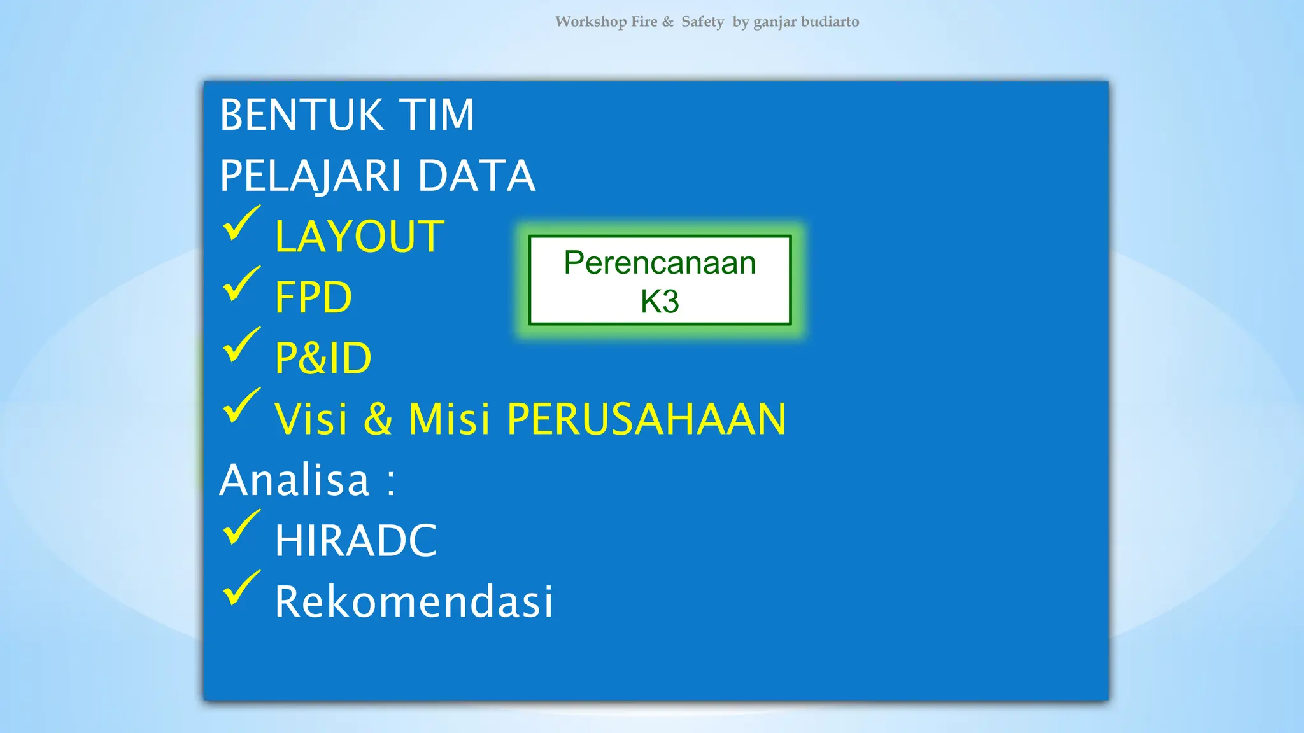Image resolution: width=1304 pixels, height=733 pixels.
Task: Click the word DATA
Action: pos(476,176)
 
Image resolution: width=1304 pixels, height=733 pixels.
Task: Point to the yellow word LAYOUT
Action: pos(359,237)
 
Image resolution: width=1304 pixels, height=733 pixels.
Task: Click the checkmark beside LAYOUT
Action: pos(241,224)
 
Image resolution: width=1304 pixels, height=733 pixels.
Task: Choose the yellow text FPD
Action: pos(313,297)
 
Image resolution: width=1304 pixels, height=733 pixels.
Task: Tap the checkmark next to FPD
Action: pos(241,284)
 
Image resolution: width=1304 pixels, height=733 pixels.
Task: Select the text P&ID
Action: pos(323,358)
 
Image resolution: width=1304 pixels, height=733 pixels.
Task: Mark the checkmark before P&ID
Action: pos(241,346)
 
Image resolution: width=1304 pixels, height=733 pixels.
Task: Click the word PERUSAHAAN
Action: pos(646,419)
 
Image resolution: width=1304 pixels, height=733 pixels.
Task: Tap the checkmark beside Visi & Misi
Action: pos(241,407)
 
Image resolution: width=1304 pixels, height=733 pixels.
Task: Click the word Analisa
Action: pos(294,480)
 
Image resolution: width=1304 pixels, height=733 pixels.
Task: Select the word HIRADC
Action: pos(355,541)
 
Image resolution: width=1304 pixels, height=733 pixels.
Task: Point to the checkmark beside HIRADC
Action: pos(241,528)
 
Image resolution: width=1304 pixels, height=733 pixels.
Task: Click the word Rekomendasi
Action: pos(414,602)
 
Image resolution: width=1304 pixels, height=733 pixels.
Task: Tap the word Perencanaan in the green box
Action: pos(660,263)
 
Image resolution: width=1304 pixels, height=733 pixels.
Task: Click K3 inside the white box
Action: pos(660,302)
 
